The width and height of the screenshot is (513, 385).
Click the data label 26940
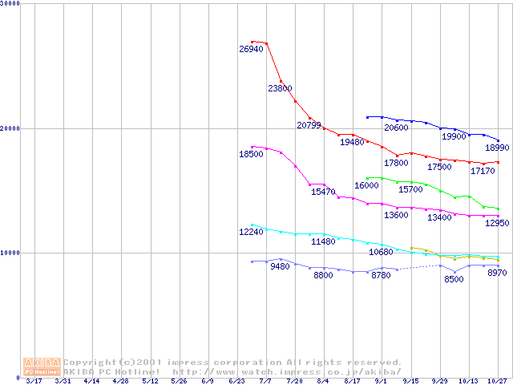(x=251, y=50)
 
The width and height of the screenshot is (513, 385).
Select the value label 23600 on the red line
(x=280, y=88)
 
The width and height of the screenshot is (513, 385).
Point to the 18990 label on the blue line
(x=497, y=148)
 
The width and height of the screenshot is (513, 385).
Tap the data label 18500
(x=251, y=154)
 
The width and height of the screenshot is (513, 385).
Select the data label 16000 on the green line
(x=366, y=186)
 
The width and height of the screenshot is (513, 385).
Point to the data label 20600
(x=396, y=128)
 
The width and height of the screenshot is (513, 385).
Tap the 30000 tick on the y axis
(x=11, y=4)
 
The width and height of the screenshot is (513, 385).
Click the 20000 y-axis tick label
(x=11, y=128)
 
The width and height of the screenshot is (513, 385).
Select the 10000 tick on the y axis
(x=11, y=253)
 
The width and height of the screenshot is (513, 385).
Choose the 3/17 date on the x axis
(x=34, y=382)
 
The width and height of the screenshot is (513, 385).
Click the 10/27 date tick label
(x=498, y=382)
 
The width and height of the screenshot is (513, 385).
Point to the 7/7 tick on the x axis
(x=265, y=382)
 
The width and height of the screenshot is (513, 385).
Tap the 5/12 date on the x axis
(x=150, y=382)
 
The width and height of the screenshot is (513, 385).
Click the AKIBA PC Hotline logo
(x=42, y=367)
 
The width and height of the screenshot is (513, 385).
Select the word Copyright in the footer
(x=91, y=363)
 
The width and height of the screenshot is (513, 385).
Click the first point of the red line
(x=252, y=42)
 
